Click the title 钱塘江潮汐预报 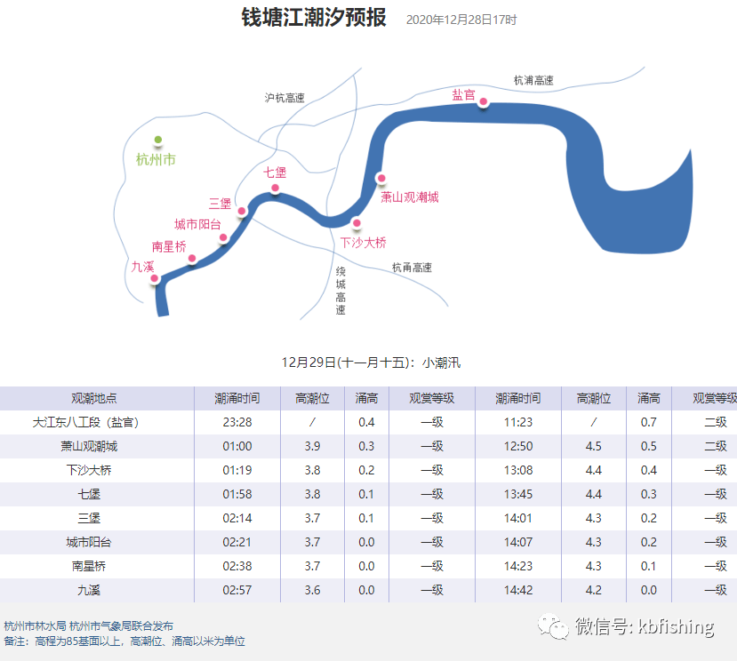coord(314,18)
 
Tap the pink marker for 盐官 coord(484,101)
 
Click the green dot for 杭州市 coord(158,139)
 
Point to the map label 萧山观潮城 coord(409,197)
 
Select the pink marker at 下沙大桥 coord(356,223)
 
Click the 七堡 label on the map coord(275,172)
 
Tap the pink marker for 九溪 coord(154,278)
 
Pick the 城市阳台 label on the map coord(197,224)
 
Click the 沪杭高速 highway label coord(284,98)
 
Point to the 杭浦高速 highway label coord(533,80)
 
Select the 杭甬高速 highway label coord(412,267)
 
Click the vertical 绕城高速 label coord(340,291)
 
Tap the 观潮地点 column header coord(94,398)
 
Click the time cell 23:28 coord(237,422)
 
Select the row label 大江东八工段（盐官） coord(86,422)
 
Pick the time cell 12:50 coord(518,446)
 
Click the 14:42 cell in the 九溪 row coord(518,590)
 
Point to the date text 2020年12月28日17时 coord(461,20)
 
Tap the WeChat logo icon coord(553,626)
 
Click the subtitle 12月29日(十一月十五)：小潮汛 coord(371,362)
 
